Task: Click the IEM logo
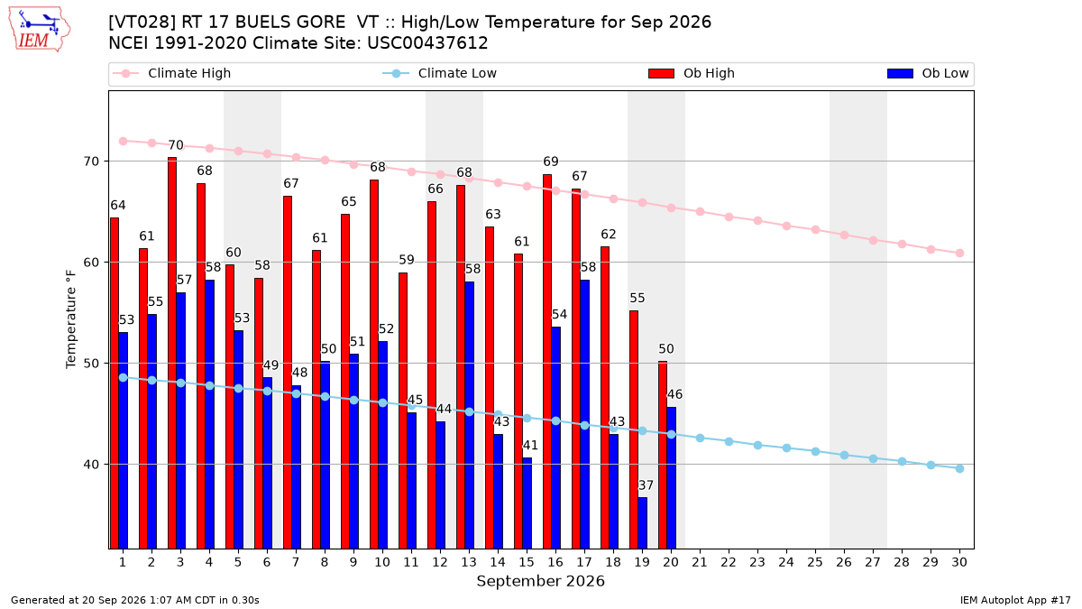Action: [40, 30]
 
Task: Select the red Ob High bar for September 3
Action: [172, 353]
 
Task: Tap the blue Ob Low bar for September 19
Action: [642, 523]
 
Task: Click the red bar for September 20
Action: [663, 455]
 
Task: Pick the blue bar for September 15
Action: [527, 503]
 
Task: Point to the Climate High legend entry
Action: [172, 73]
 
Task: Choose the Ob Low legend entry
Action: [928, 73]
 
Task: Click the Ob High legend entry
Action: [692, 73]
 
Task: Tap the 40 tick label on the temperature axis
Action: [91, 465]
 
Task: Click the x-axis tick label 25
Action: [815, 562]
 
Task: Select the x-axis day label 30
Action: [959, 562]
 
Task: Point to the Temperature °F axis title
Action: [71, 319]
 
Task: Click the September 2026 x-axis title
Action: [540, 581]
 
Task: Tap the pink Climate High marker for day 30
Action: [959, 254]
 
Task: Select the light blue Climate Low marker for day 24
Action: [787, 448]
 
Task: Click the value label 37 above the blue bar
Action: [646, 485]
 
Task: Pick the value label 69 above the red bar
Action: [551, 161]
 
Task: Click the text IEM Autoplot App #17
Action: [1015, 600]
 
